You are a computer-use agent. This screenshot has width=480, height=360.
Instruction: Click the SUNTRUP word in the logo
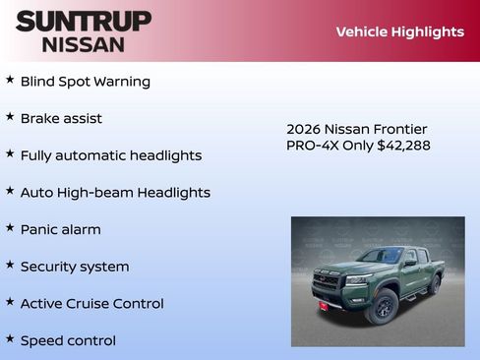click(84, 21)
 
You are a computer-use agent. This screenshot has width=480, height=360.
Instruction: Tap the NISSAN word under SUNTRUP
click(84, 43)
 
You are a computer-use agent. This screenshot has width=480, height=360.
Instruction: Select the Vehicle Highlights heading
click(399, 31)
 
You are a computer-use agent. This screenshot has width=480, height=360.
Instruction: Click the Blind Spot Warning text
click(86, 82)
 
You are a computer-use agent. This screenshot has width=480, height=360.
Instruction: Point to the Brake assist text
click(61, 118)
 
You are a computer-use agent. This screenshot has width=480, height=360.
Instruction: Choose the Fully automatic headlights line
click(111, 155)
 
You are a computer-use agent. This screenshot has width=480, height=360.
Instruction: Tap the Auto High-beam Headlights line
click(115, 193)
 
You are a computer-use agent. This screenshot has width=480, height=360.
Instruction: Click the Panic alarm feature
click(61, 229)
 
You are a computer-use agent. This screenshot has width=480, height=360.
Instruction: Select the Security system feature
click(75, 267)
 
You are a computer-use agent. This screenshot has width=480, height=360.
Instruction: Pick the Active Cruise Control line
click(92, 304)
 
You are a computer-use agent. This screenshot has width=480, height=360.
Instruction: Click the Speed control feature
click(68, 340)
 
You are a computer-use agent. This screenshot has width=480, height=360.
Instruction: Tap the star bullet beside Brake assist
click(10, 117)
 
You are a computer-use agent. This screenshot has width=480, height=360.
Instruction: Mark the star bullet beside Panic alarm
click(10, 228)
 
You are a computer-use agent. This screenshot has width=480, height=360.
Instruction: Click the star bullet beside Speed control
click(10, 339)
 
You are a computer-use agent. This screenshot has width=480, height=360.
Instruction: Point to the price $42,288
click(403, 146)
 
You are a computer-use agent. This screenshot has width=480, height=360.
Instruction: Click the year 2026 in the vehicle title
click(302, 129)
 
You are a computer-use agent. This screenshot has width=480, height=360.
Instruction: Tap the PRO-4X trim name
click(312, 146)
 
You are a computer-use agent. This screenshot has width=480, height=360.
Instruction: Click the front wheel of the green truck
click(383, 307)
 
